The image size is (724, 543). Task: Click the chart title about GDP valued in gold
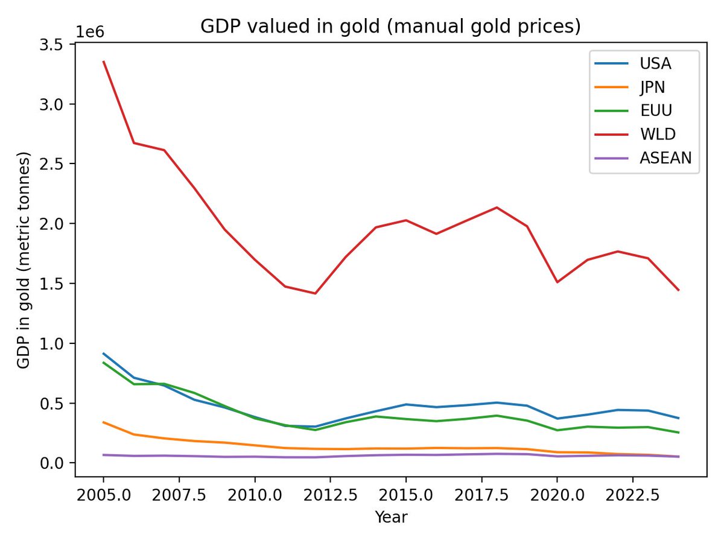(390, 27)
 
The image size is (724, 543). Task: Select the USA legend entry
(655, 63)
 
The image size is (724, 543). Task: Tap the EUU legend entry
(655, 111)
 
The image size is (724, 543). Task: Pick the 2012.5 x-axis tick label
(330, 496)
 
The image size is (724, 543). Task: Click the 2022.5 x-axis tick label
(632, 496)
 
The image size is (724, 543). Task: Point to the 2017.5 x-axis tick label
(481, 496)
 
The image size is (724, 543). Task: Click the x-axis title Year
(390, 517)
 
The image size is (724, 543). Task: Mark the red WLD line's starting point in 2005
(104, 62)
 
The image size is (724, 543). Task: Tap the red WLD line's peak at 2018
(497, 208)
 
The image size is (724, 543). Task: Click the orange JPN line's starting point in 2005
(104, 422)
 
